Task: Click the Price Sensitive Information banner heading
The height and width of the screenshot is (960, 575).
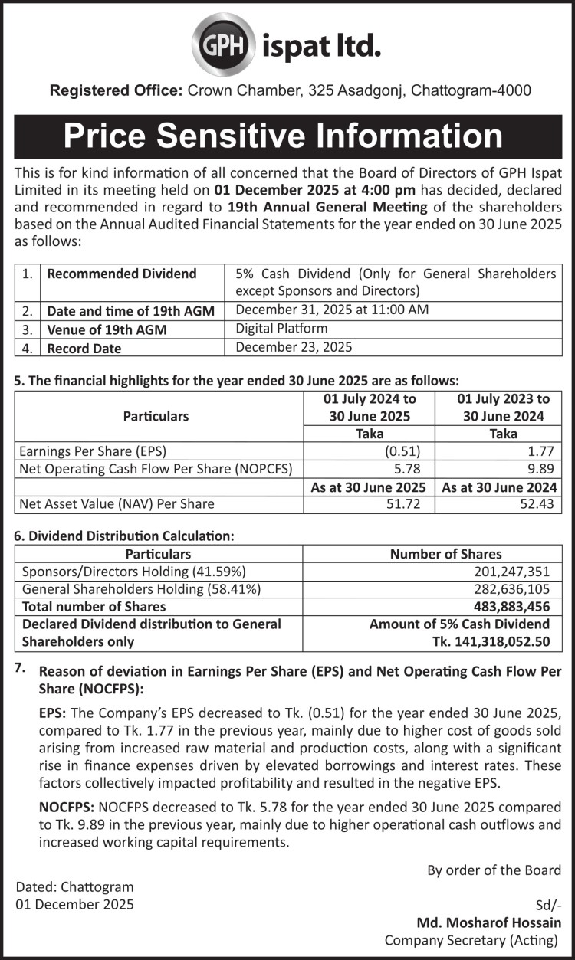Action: pyautogui.click(x=284, y=136)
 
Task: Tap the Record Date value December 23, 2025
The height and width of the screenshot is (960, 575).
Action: pyautogui.click(x=294, y=347)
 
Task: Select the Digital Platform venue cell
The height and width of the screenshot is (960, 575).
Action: pyautogui.click(x=281, y=328)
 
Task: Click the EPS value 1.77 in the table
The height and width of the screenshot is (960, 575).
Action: pyautogui.click(x=545, y=451)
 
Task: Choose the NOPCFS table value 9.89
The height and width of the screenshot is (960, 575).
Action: pyautogui.click(x=545, y=468)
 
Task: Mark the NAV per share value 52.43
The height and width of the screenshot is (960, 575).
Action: pyautogui.click(x=541, y=503)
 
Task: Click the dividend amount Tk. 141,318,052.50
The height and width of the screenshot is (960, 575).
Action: pyautogui.click(x=493, y=642)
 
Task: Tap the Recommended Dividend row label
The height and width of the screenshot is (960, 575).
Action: pyautogui.click(x=122, y=274)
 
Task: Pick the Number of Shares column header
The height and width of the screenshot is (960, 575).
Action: pyautogui.click(x=446, y=553)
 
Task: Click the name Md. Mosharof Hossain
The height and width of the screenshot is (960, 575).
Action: pyautogui.click(x=488, y=922)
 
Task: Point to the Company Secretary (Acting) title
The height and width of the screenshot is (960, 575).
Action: pyautogui.click(x=472, y=940)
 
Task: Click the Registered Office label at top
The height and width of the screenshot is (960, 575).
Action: pyautogui.click(x=116, y=90)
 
